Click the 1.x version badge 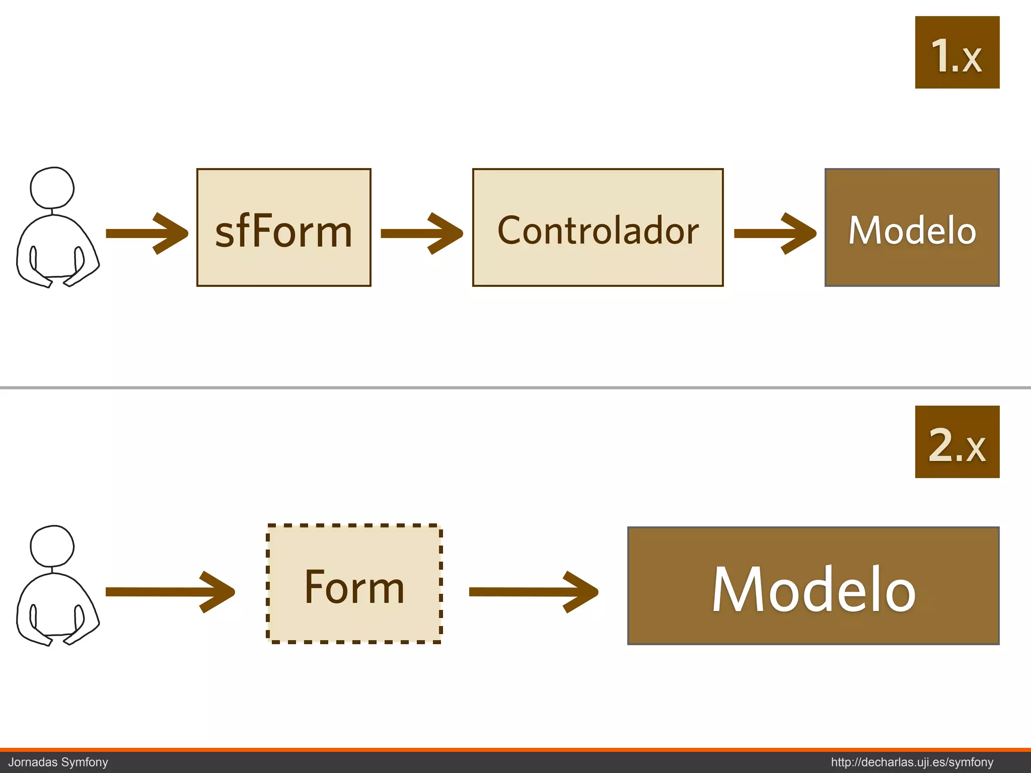tap(957, 52)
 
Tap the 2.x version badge tap(957, 442)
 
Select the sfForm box tap(283, 227)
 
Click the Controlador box tap(598, 227)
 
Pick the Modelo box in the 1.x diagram tap(912, 227)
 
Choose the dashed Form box tap(354, 584)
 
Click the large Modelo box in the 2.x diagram tap(813, 586)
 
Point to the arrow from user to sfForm tap(146, 234)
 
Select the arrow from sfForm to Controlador tap(421, 234)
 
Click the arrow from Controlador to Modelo tap(775, 234)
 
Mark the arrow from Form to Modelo tap(533, 592)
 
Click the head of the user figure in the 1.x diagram tap(52, 188)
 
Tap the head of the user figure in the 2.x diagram tap(52, 546)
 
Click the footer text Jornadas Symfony tap(58, 762)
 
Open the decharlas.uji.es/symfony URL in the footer tap(912, 762)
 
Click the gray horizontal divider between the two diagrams tap(515, 388)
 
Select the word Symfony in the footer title tap(85, 762)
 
